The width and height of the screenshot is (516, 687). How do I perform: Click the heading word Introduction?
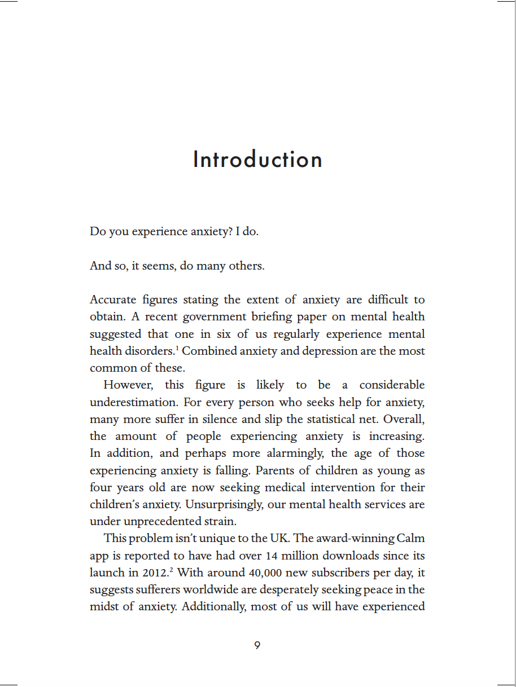257,160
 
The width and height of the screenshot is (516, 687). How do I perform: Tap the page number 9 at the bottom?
257,646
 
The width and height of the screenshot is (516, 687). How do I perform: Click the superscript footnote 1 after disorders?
177,348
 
